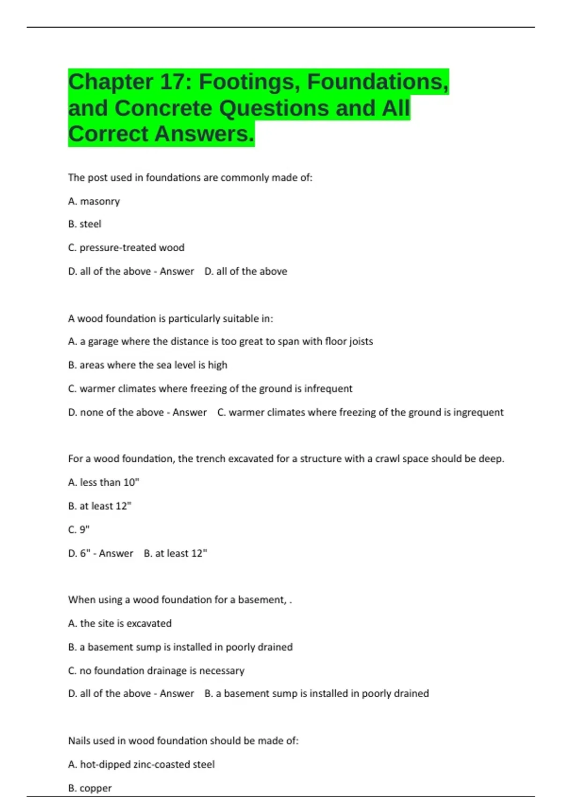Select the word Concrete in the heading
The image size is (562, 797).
click(x=163, y=108)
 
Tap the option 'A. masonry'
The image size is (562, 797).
click(x=94, y=201)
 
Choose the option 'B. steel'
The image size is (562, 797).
click(x=84, y=224)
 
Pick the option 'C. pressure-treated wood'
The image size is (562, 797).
click(x=126, y=248)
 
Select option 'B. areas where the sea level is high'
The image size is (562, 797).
click(x=148, y=365)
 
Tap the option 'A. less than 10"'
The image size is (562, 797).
click(x=104, y=482)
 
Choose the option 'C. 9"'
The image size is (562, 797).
click(x=79, y=530)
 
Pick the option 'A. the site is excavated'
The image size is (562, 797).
click(x=120, y=624)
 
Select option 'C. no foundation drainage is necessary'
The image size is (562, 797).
click(x=156, y=671)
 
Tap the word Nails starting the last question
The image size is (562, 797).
click(x=79, y=741)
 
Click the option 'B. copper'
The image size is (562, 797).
click(x=90, y=788)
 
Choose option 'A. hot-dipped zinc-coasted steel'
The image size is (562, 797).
click(x=141, y=765)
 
